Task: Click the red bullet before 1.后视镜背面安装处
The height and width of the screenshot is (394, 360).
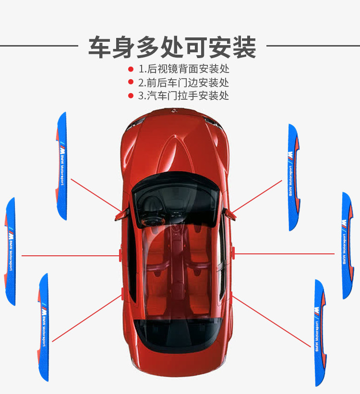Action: coord(131,69)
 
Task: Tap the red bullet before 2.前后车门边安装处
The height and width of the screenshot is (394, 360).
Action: coord(131,83)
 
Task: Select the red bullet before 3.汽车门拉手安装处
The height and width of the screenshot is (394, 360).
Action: coord(131,96)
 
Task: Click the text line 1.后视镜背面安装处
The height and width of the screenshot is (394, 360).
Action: coord(184,69)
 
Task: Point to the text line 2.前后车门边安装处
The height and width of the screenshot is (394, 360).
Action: coord(184,83)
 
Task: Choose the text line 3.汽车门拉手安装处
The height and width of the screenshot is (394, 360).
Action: coord(184,96)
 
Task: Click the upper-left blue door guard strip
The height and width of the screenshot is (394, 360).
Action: coord(62,166)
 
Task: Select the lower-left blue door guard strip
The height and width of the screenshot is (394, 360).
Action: coord(44,326)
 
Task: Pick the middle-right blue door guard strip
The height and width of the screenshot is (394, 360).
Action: coord(347,245)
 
